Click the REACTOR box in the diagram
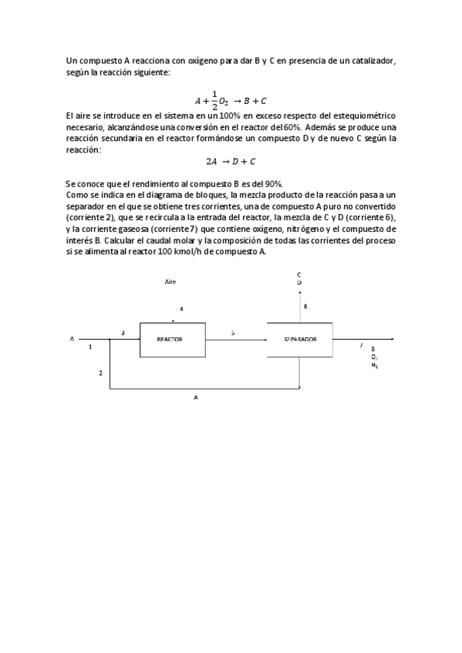click(172, 339)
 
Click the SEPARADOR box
click(299, 340)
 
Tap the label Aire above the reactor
click(170, 283)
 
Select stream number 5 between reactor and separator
click(233, 333)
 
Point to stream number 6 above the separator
click(305, 306)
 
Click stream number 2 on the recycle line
click(99, 373)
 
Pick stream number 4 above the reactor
click(181, 309)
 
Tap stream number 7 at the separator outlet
click(361, 346)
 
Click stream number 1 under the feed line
click(90, 347)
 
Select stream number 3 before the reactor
click(123, 332)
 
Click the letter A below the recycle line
click(196, 398)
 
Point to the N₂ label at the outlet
click(375, 365)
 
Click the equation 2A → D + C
click(231, 161)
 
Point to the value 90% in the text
click(272, 183)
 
